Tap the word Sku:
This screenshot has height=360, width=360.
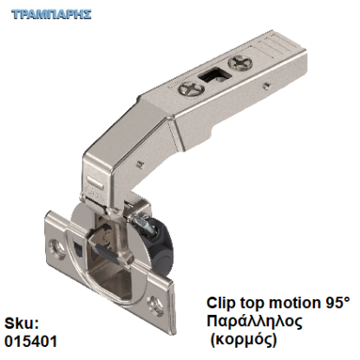point(21,323)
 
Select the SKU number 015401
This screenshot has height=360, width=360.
point(31,341)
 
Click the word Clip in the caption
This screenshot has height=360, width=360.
point(223,304)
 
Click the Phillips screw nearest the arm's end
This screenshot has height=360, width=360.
point(241,62)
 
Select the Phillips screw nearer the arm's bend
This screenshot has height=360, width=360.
point(187,88)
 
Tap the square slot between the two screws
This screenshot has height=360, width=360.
point(211,75)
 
